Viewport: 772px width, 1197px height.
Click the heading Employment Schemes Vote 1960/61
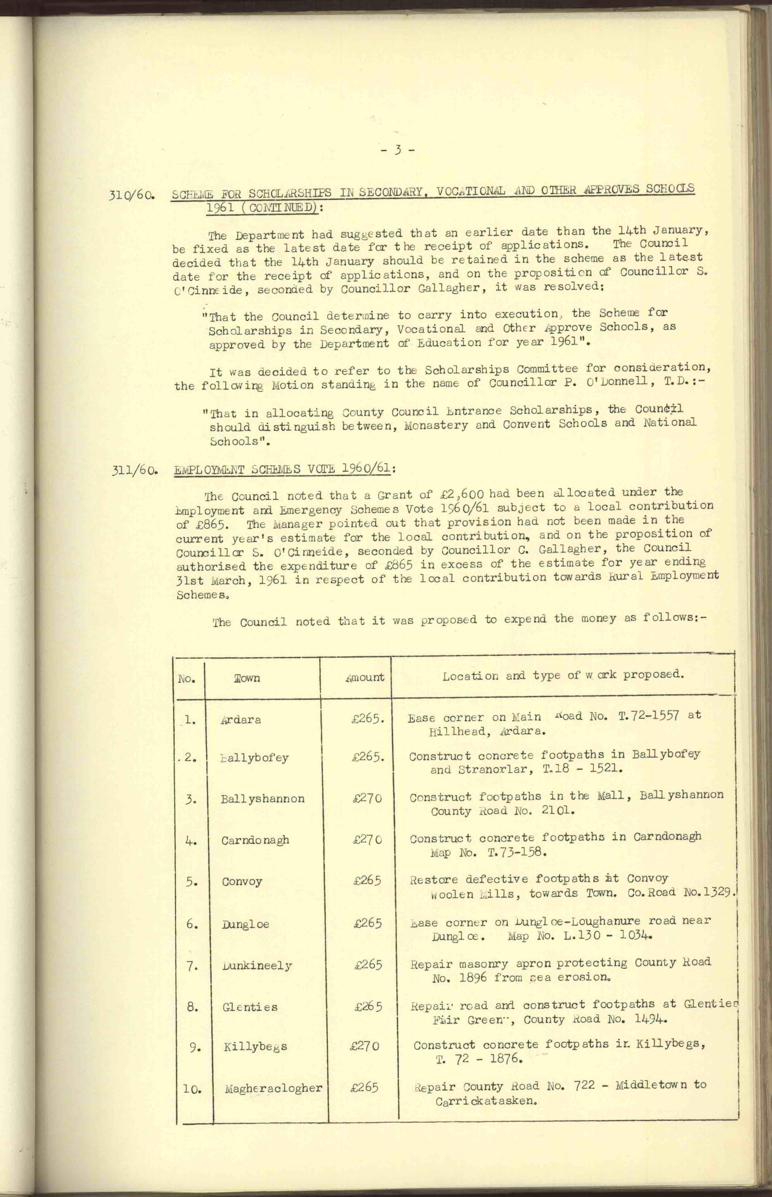pos(284,469)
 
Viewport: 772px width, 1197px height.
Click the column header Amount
pos(365,677)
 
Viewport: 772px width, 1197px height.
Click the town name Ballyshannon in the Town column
pos(262,799)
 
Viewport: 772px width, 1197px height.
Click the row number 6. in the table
pos(192,923)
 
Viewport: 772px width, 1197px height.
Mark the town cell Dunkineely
pos(257,966)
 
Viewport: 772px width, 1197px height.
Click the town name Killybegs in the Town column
pos(255,1047)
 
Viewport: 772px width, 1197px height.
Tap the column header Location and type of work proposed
pos(563,675)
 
